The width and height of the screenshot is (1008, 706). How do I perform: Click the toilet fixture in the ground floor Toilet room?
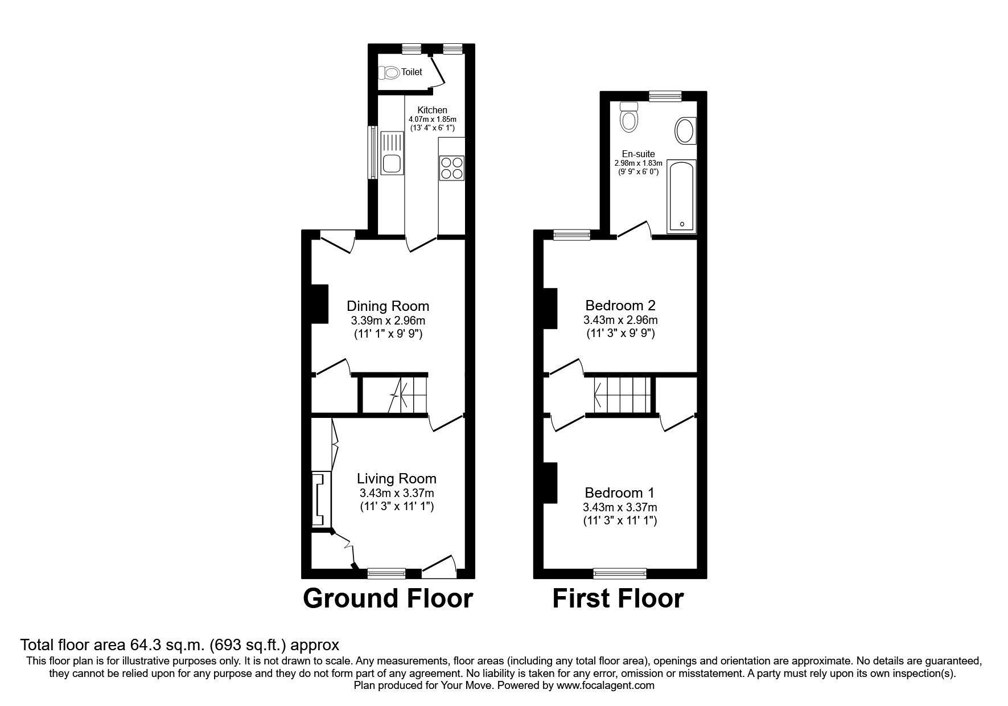390,72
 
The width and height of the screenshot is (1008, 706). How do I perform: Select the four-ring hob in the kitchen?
452,168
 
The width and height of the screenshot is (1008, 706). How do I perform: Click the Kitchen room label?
433,110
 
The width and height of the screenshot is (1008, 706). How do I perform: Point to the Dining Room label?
388,306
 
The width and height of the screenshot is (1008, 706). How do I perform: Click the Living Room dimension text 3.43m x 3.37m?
396,493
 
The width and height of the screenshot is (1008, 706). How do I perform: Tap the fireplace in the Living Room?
320,499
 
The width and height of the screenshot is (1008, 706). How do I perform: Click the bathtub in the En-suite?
681,196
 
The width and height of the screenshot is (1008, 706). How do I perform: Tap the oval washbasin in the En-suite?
684,130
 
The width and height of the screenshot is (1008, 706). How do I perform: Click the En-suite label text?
639,154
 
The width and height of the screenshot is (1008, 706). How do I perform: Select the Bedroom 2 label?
620,306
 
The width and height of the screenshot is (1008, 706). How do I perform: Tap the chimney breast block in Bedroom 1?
550,483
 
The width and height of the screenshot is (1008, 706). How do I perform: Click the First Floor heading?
618,599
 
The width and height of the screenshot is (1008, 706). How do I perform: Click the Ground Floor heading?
388,599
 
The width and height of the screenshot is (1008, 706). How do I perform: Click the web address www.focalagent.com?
606,686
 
